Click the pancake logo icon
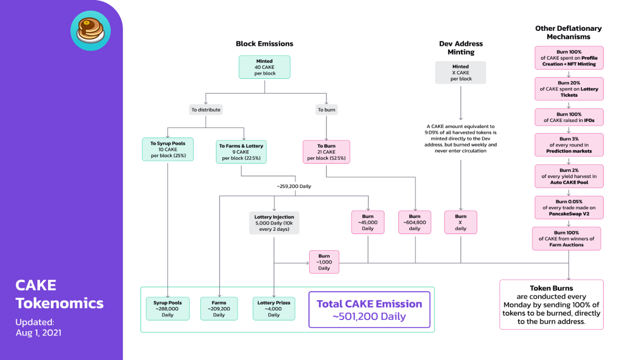pos(90,31)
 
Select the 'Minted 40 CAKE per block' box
pos(265,67)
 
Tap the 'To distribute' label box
pos(206,110)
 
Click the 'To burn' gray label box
pos(326,110)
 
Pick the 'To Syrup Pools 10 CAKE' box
pos(168,149)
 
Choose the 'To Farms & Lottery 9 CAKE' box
pos(241,152)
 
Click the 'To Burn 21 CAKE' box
pos(326,152)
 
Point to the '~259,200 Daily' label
pos(294,186)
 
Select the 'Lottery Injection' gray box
pos(274,223)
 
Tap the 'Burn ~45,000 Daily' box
pos(367,222)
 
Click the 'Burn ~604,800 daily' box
pos(415,222)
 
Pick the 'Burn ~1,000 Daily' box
pos(324,262)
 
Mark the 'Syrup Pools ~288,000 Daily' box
pos(167,309)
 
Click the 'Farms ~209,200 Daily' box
pos(219,309)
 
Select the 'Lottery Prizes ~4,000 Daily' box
pos(274,309)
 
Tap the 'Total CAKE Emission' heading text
pos(369,304)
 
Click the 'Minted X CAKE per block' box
pos(460,72)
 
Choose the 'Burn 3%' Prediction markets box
pos(569,145)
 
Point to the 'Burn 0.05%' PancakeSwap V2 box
pos(569,207)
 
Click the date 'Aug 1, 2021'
pos(38,333)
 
